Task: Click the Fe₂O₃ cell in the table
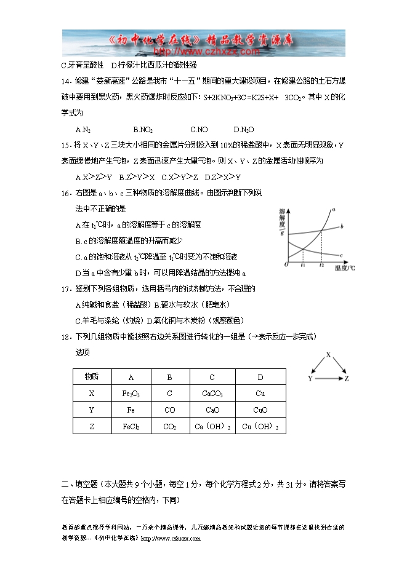(x=130, y=393)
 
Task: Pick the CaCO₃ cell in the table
(x=212, y=393)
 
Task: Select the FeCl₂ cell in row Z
(x=130, y=426)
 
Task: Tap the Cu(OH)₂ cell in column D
(x=260, y=426)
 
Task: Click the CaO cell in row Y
(x=212, y=410)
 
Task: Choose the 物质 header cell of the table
(x=92, y=376)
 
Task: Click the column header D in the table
(x=260, y=376)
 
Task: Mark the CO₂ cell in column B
(x=170, y=426)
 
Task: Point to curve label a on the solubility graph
(x=333, y=210)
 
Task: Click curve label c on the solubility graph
(x=341, y=253)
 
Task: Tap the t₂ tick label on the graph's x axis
(x=321, y=265)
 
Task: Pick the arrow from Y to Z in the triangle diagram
(x=329, y=378)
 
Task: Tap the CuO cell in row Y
(x=260, y=410)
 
